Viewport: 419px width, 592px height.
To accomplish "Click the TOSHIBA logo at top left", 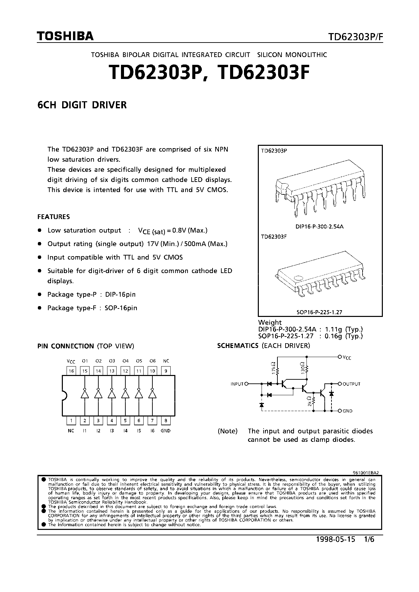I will (65, 36).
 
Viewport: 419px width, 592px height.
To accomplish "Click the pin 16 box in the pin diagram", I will (71, 371).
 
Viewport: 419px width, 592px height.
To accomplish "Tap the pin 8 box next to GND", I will (166, 421).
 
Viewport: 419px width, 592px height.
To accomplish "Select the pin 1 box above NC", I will (71, 421).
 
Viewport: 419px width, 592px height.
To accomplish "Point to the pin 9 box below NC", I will (166, 371).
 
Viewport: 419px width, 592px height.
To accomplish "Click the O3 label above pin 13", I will (112, 361).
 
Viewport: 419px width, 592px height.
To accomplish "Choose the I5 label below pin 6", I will (139, 431).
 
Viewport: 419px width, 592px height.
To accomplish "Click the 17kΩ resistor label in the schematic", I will (273, 366).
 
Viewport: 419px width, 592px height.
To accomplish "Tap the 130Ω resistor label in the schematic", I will (302, 366).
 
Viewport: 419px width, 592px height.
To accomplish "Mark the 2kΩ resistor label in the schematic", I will (310, 401).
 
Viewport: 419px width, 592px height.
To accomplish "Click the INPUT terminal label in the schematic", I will (237, 384).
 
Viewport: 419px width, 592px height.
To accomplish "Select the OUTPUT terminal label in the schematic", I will (351, 384).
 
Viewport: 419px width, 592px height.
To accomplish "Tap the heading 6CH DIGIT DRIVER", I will (82, 105).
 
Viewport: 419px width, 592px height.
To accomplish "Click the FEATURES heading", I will (53, 217).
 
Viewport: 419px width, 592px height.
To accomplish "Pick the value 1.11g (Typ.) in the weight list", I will (344, 329).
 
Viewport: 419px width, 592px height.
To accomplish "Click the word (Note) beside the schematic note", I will (228, 431).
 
